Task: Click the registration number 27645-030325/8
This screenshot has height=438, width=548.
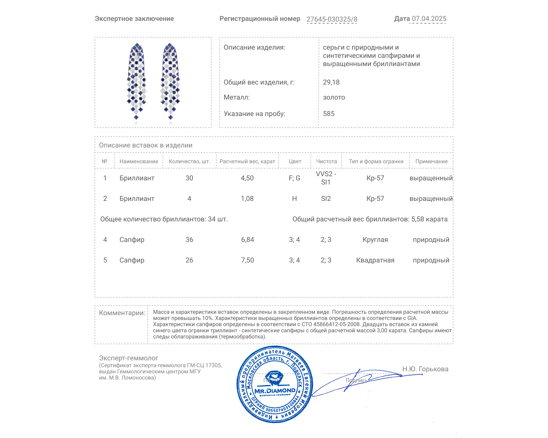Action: point(332,19)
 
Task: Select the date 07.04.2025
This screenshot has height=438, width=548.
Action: point(429,19)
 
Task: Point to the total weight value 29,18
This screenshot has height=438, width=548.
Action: point(331,82)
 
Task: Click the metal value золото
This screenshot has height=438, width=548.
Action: point(334,97)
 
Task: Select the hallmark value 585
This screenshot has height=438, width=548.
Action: point(328,114)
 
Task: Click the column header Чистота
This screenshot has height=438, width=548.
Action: point(326,161)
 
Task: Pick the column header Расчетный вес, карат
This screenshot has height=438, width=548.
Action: point(247,161)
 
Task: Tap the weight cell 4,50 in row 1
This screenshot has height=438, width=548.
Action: point(247,178)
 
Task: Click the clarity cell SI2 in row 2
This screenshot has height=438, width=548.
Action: point(326,198)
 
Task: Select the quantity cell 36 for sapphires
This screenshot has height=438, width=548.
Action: point(189,240)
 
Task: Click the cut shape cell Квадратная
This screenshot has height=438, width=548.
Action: point(375,260)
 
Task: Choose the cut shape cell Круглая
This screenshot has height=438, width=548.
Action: point(375,240)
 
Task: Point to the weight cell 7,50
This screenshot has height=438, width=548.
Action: point(247,260)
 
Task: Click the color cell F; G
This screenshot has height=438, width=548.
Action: point(294,178)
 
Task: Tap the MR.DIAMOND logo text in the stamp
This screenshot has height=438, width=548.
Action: point(275,390)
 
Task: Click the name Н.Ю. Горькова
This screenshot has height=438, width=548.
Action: point(425,369)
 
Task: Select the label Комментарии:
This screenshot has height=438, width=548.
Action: point(122,313)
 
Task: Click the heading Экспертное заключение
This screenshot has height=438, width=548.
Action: point(134,19)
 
